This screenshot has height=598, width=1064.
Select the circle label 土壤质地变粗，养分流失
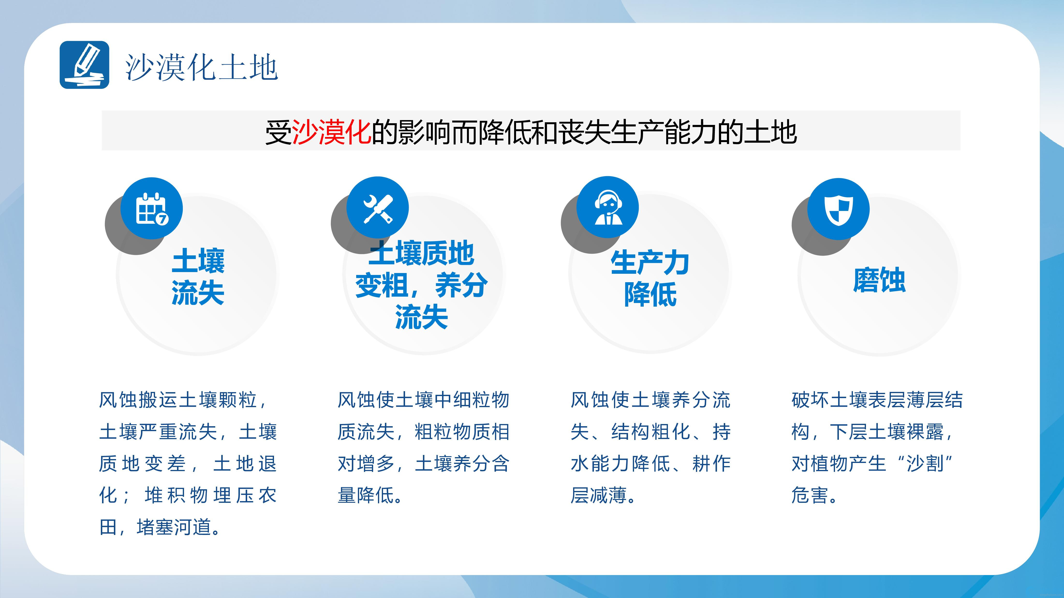click(x=421, y=285)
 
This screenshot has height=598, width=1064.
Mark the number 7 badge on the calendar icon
click(x=162, y=219)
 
